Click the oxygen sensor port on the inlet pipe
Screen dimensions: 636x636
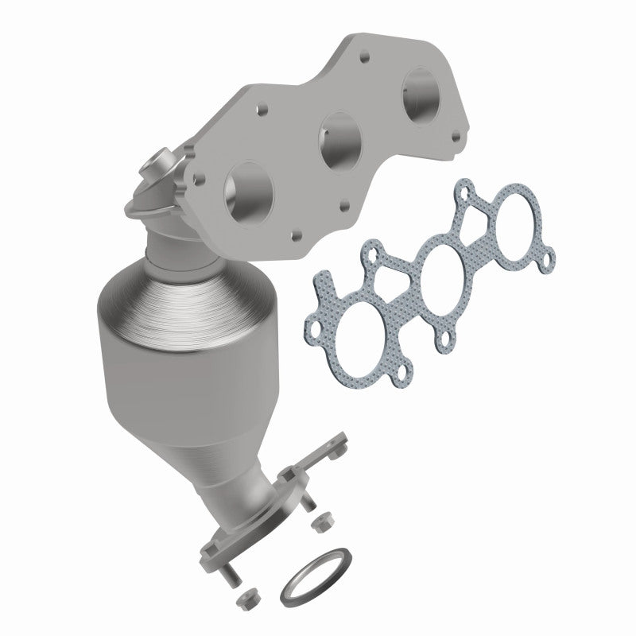(150, 169)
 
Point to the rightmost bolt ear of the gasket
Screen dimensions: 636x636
(547, 255)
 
